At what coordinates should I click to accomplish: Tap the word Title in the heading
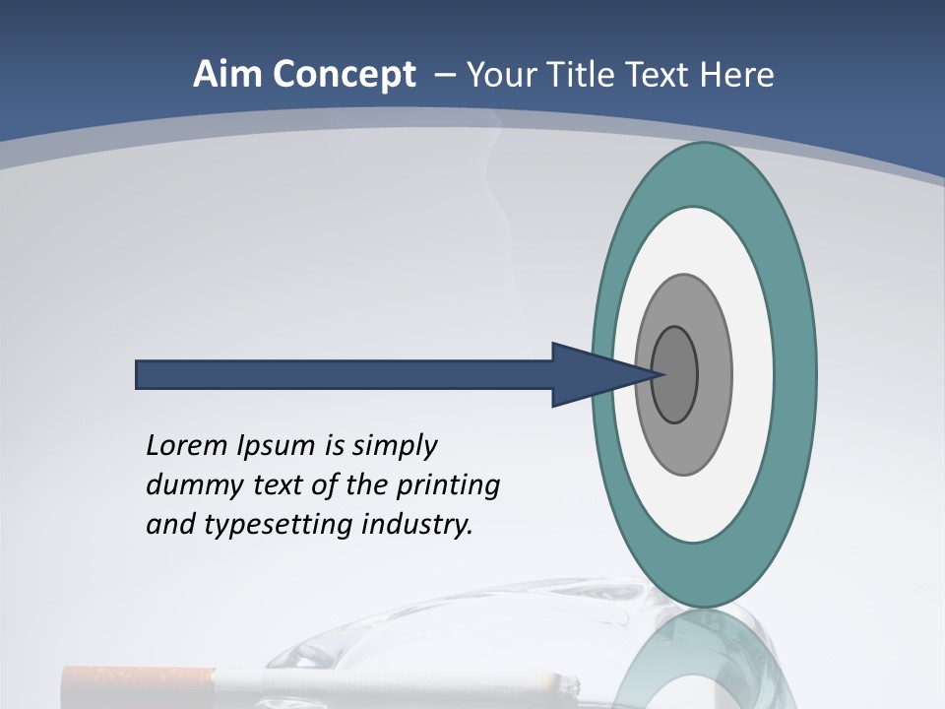coord(585,75)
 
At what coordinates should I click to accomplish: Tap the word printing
coord(448,485)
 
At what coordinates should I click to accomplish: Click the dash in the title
coord(445,75)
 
